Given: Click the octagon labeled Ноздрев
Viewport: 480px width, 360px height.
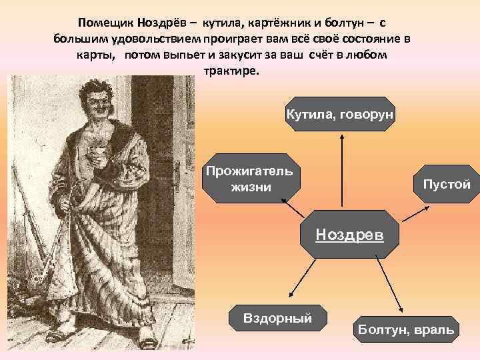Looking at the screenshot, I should (349, 235).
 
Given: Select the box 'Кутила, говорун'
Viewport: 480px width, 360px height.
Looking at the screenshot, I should (341, 115).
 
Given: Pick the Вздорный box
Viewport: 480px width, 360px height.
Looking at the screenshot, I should (278, 319).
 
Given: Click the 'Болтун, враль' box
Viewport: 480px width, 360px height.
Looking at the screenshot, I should (406, 329).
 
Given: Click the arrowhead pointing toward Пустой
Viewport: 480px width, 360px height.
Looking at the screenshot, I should (422, 209).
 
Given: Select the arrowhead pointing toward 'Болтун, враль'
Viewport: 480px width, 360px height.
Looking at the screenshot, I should (403, 311).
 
